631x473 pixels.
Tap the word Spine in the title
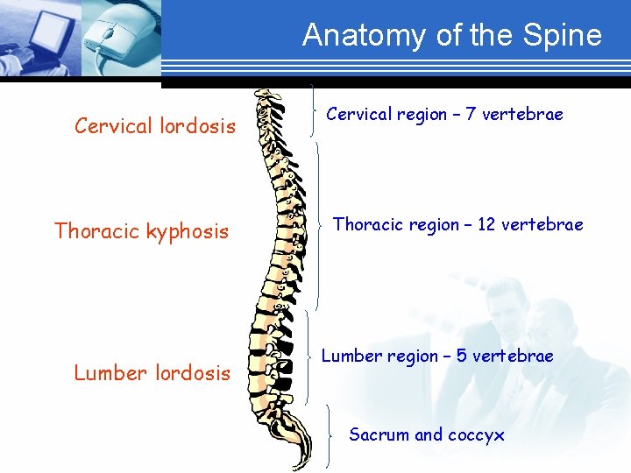[567, 35]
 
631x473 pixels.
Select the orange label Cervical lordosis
[155, 126]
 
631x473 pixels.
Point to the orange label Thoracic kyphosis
[141, 231]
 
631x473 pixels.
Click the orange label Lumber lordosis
[152, 373]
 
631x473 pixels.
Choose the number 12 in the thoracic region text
[486, 224]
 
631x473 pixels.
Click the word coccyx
[476, 434]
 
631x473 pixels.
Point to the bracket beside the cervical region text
[314, 110]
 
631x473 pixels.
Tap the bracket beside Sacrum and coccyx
[327, 434]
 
